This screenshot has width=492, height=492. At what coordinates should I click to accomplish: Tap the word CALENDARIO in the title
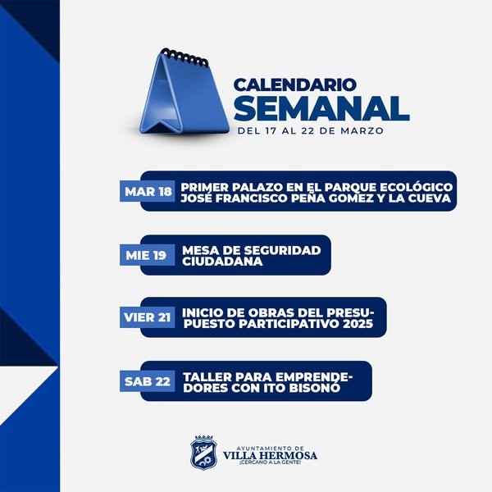point(295,84)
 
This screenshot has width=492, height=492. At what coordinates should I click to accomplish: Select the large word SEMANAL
point(321,108)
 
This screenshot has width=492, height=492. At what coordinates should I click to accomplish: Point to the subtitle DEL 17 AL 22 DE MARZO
point(310,130)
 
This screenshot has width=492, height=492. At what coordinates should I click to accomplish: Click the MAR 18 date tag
point(147,191)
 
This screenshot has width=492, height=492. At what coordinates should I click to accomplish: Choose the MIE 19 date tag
point(147,255)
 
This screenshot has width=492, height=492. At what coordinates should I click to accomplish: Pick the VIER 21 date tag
point(147,317)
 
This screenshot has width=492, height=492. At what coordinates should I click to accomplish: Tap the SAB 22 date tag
point(147,381)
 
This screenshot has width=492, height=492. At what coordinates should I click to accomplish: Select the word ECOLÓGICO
point(416,186)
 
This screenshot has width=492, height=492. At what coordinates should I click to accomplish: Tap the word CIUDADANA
point(222,261)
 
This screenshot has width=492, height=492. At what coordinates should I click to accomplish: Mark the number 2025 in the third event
point(358,324)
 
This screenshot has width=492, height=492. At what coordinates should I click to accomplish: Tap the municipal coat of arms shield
point(203,453)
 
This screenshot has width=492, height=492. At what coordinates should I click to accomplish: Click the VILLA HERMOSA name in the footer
point(270,455)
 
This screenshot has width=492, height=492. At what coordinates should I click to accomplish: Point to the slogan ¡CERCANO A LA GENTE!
point(270,462)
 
